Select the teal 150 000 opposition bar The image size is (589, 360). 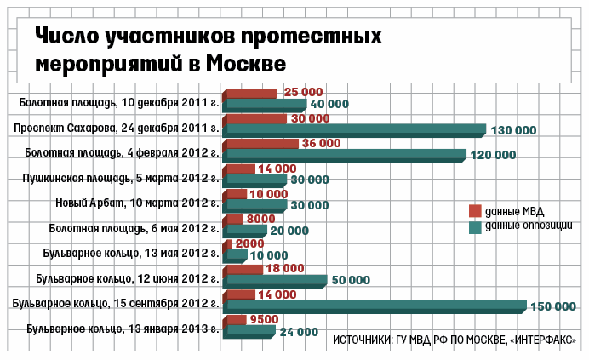[375, 306]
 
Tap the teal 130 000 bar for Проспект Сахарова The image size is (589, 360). [354, 130]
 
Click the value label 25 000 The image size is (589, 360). [303, 92]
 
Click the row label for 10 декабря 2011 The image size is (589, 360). [119, 103]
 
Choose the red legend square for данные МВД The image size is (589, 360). [476, 211]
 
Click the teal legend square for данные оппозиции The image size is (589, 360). [476, 227]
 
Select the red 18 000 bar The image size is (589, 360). [243, 269]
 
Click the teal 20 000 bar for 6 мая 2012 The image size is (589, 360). [246, 231]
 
